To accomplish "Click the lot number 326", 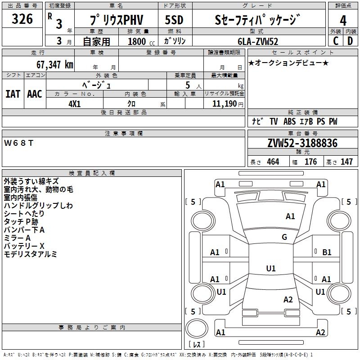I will coord(22,19).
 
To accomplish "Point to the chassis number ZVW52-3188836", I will coord(302,144).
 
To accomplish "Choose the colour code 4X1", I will coord(75,103).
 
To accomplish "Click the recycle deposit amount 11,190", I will coord(223,103).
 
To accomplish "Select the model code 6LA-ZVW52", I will coord(258,41).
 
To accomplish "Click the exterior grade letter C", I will coord(336,41).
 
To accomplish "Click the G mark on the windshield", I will coord(284,237).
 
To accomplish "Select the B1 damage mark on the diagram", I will coord(327,252).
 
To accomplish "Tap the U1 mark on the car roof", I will coord(271,269).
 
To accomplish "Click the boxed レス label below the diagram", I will coord(197,345).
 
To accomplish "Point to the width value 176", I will coord(310,162).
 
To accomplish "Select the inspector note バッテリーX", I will coord(24,246).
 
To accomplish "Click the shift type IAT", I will coord(13,94).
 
